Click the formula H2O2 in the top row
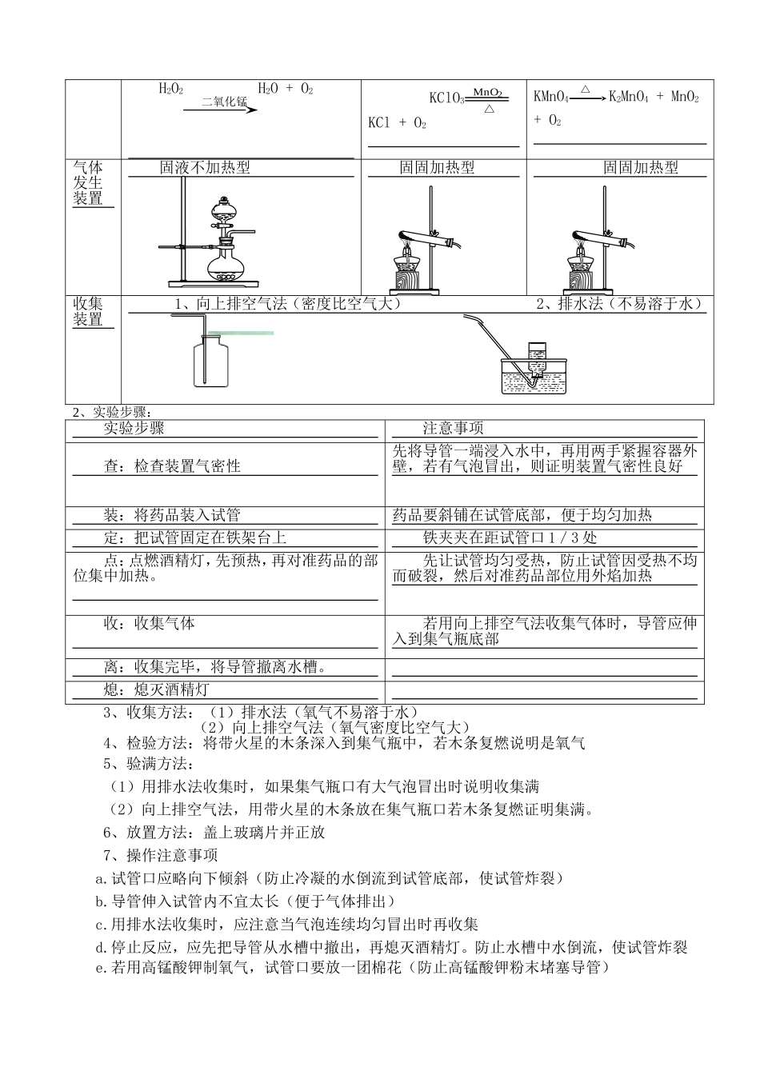click(x=171, y=89)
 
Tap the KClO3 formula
click(x=446, y=98)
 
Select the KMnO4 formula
click(x=550, y=98)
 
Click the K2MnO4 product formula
click(x=628, y=98)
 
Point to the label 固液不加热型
click(x=205, y=167)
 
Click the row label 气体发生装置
click(x=88, y=183)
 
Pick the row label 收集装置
click(x=88, y=312)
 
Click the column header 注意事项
click(x=453, y=429)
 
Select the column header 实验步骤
click(x=134, y=429)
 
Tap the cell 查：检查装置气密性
click(x=172, y=466)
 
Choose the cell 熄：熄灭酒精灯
click(x=157, y=689)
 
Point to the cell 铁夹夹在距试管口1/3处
click(x=510, y=538)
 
